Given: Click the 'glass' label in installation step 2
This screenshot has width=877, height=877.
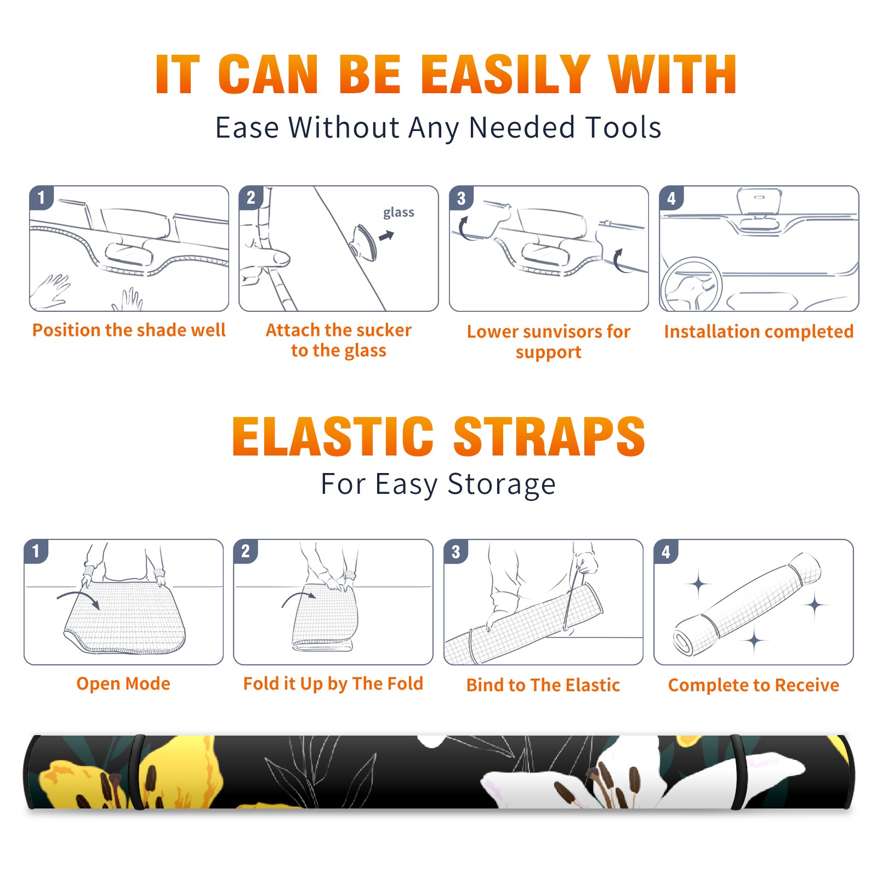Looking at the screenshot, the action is (x=398, y=213).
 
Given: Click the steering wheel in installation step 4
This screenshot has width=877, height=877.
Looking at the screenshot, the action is (x=691, y=285).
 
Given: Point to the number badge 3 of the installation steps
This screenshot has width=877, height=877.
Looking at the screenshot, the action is (x=461, y=198).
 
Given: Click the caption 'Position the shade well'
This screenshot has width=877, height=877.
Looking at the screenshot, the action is (x=129, y=330).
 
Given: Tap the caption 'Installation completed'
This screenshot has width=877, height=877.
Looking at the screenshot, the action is (x=759, y=332).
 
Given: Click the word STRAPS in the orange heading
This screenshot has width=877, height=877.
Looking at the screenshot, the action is (x=549, y=436).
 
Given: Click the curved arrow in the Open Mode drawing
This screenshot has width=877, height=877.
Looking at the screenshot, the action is (x=78, y=598).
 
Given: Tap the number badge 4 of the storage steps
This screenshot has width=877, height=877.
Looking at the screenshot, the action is (x=666, y=551).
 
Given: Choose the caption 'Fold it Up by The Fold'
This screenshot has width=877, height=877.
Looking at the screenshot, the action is (x=333, y=684).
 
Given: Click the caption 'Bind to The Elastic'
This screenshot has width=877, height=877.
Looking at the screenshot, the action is (x=543, y=685).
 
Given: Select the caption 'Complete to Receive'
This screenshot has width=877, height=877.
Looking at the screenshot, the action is (x=754, y=685).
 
